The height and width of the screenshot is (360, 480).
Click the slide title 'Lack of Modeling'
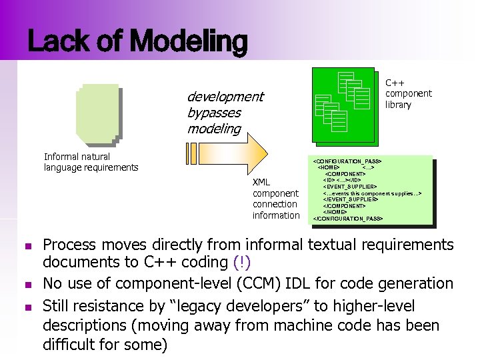(137, 41)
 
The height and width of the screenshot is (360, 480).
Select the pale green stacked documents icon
(97, 114)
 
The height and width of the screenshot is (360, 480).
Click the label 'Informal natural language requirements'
(91, 162)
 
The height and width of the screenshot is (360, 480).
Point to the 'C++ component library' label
(408, 94)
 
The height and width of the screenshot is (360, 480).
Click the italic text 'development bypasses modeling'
(225, 113)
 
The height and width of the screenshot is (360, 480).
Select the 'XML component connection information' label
(275, 199)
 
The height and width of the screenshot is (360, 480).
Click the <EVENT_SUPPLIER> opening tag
(349, 187)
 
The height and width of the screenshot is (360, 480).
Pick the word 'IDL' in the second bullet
(290, 283)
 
